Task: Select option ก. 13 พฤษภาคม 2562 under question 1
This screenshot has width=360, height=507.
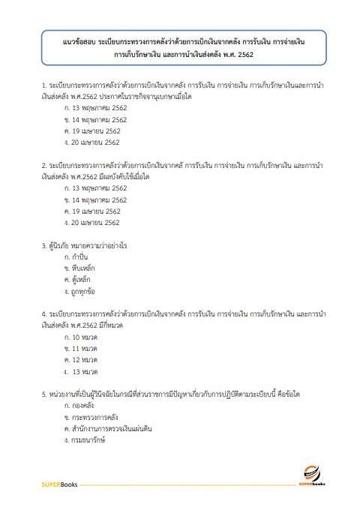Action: [x=97, y=108]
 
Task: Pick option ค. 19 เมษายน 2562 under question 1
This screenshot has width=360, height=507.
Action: [x=94, y=130]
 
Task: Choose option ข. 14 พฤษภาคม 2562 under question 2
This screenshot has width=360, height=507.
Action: [x=97, y=200]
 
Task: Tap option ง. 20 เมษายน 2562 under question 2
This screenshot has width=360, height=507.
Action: [x=94, y=223]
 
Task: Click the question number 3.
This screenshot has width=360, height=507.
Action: [x=44, y=246]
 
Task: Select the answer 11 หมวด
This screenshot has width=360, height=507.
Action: [x=85, y=349]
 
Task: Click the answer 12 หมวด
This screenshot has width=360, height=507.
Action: [x=85, y=360]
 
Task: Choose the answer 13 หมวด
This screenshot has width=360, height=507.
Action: [x=86, y=371]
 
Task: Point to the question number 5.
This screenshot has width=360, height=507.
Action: [x=44, y=394]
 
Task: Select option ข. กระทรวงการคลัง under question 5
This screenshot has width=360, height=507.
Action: [x=93, y=417]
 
